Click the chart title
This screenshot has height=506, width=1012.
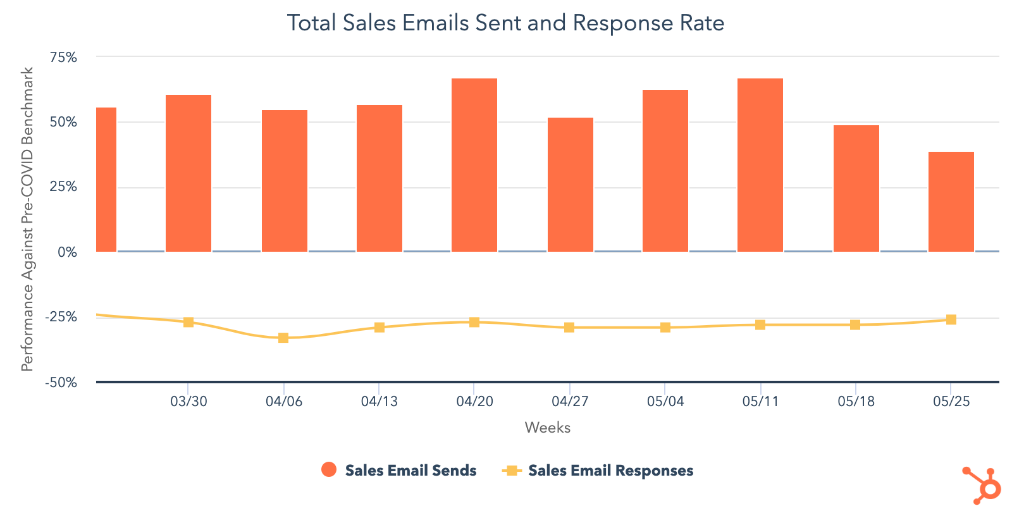505,23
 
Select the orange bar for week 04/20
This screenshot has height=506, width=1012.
474,164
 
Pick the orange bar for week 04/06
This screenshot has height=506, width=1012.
284,180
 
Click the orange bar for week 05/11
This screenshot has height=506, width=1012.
760,164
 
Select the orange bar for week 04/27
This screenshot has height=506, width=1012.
570,184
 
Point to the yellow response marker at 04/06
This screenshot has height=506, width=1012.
283,338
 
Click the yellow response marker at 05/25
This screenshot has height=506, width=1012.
951,319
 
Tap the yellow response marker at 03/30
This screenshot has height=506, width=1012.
188,322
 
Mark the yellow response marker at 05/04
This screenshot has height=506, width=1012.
665,327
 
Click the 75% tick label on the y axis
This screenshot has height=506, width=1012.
63,58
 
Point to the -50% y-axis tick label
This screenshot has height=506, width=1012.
61,382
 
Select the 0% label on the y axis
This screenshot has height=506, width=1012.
67,252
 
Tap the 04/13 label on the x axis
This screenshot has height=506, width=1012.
379,402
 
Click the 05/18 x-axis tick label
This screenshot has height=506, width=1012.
856,402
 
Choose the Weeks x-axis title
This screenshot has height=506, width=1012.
547,428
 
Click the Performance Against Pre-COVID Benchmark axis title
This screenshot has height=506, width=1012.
27,219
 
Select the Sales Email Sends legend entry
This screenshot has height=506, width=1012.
399,471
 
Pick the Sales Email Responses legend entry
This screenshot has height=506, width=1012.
598,471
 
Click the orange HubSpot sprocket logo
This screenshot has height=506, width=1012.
982,486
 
